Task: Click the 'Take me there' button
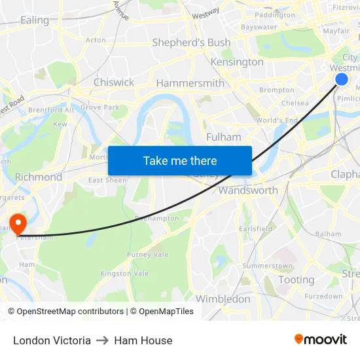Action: click(x=180, y=161)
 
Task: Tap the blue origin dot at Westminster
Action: click(x=342, y=79)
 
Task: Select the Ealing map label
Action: click(x=35, y=20)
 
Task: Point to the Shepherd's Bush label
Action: click(x=191, y=43)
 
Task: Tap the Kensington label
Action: click(x=237, y=62)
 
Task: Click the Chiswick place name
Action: click(x=114, y=82)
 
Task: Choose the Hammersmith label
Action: click(x=190, y=83)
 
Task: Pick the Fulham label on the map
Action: click(x=223, y=137)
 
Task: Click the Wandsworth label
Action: click(x=248, y=190)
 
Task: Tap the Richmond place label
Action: click(x=39, y=177)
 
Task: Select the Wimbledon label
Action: click(x=223, y=299)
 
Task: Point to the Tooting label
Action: click(x=297, y=279)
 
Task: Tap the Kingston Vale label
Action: click(x=124, y=274)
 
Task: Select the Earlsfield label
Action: click(x=255, y=229)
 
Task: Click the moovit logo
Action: click(x=320, y=339)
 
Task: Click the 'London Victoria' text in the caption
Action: click(x=52, y=340)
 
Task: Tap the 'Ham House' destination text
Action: click(x=143, y=340)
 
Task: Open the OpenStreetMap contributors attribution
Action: click(x=65, y=312)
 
